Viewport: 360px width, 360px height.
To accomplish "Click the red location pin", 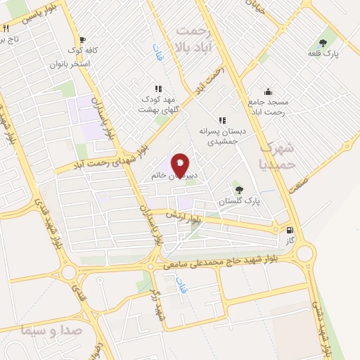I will (180, 165).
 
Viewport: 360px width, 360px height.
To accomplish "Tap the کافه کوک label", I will (82, 51).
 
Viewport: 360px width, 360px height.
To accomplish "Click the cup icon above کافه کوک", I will (82, 39).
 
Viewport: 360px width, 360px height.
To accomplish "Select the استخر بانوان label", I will (69, 63).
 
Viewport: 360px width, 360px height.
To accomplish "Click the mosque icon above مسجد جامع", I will (268, 91).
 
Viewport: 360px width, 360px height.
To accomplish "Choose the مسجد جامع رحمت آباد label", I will (268, 107).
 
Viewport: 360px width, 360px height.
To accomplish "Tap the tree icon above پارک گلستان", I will (238, 189).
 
